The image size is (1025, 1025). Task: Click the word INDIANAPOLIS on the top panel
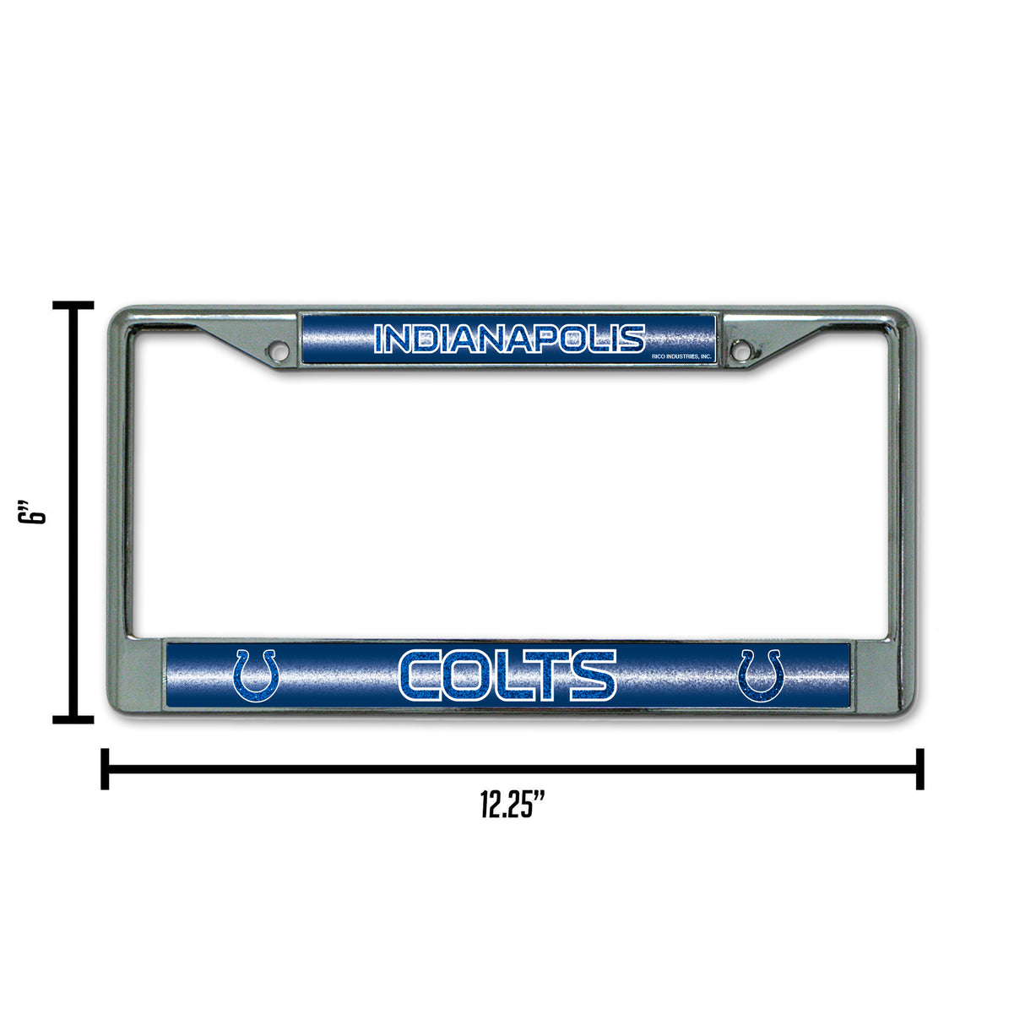pyautogui.click(x=509, y=339)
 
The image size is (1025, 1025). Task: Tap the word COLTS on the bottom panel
pyautogui.click(x=507, y=675)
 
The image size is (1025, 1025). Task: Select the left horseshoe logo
pyautogui.click(x=256, y=675)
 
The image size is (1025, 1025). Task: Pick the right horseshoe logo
pyautogui.click(x=761, y=675)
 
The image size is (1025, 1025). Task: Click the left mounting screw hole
pyautogui.click(x=278, y=348)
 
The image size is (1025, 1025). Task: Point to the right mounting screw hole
pyautogui.click(x=740, y=348)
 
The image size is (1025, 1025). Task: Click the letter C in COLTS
pyautogui.click(x=421, y=675)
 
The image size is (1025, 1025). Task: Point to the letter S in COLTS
pyautogui.click(x=593, y=675)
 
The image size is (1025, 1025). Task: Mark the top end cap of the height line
pyautogui.click(x=73, y=305)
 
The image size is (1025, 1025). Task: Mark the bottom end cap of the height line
pyautogui.click(x=73, y=719)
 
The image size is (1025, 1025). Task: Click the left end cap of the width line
pyautogui.click(x=105, y=768)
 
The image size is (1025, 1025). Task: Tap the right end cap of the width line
pyautogui.click(x=919, y=768)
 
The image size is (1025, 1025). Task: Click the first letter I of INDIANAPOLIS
pyautogui.click(x=378, y=339)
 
